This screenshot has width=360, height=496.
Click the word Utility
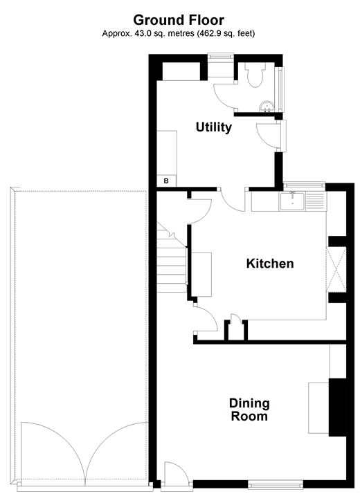click(x=213, y=128)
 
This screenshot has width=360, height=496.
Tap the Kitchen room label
click(x=270, y=264)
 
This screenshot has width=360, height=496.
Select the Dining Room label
click(x=249, y=410)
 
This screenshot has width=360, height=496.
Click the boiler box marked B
click(x=166, y=181)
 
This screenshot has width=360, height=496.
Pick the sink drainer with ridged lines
click(x=316, y=201)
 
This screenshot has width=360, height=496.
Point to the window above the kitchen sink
click(x=303, y=185)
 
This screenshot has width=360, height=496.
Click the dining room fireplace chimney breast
click(x=338, y=408)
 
